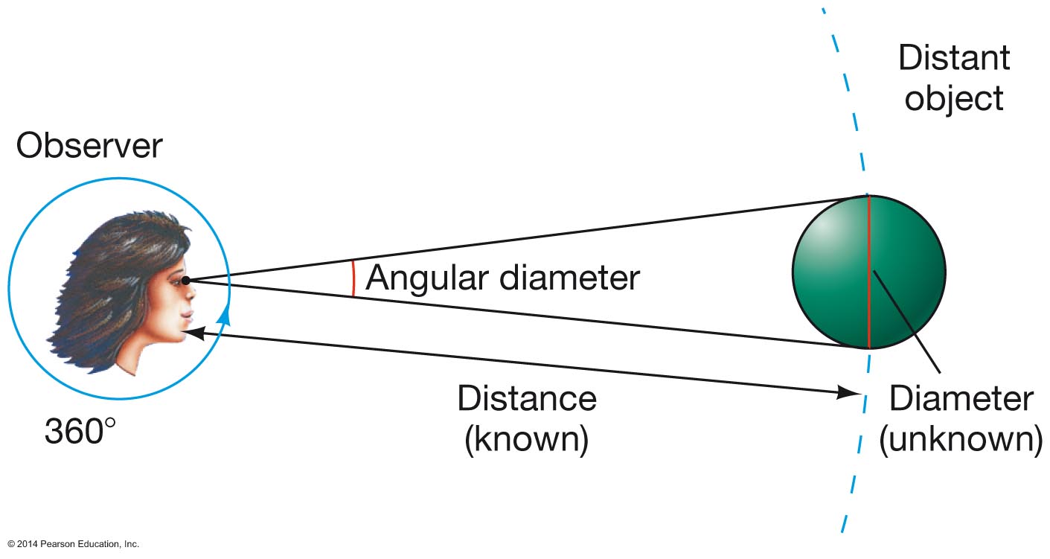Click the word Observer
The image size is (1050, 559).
coord(89,146)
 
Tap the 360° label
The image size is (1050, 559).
coord(80,430)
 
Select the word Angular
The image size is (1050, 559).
coord(426,278)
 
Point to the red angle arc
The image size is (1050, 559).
coord(353,279)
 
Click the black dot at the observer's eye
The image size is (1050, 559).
coord(185,280)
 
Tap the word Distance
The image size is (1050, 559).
coord(526,399)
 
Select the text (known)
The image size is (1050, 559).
coord(526,439)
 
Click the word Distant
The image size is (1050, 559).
coord(954,58)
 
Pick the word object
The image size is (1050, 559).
coord(954,98)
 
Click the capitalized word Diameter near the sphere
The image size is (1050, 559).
coord(961,400)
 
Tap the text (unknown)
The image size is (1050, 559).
coord(961,440)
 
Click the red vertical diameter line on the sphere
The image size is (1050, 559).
coord(868,246)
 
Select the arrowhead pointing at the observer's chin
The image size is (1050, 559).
coord(191,335)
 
